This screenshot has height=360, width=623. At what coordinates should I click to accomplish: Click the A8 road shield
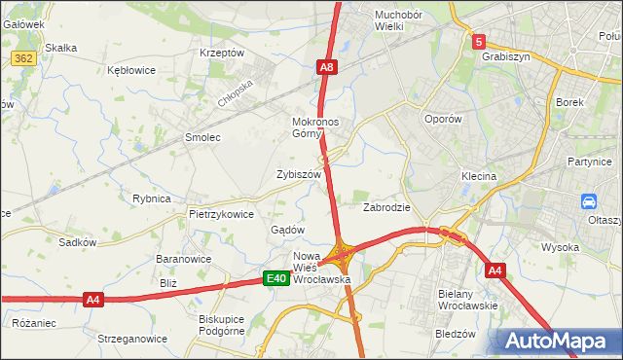[328, 67]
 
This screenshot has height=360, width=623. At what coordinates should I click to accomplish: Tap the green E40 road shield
[276, 279]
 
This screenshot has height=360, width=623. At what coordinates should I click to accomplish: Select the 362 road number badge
[23, 59]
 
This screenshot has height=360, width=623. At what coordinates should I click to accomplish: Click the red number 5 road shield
[479, 42]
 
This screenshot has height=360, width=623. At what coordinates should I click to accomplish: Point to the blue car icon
[589, 201]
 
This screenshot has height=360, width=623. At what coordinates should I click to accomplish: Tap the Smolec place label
[202, 137]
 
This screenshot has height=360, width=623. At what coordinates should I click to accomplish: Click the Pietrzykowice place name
[221, 214]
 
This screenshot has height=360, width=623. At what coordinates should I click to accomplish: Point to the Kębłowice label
[131, 71]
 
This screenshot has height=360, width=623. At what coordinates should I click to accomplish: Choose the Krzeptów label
[220, 53]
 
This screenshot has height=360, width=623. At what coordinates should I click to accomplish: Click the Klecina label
[479, 177]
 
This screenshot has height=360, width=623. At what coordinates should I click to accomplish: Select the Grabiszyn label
[505, 56]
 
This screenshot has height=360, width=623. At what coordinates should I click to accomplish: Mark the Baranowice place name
[184, 260]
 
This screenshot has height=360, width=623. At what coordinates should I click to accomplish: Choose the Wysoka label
[560, 247]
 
